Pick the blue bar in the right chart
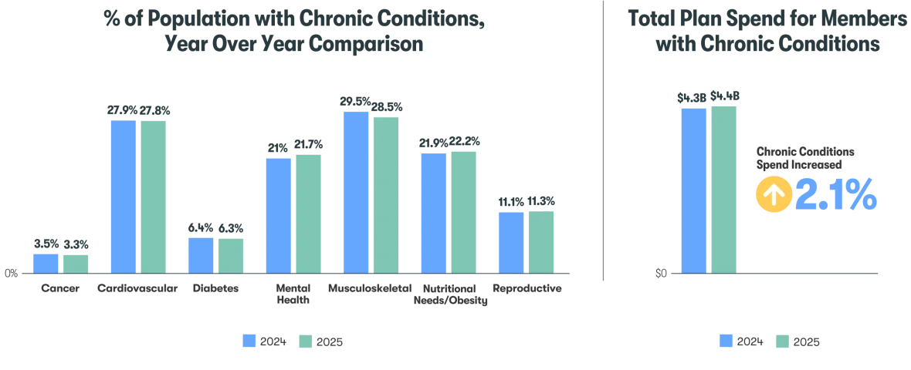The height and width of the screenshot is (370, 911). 694,190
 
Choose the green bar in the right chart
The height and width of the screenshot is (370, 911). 725,189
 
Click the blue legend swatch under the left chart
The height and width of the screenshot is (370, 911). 250,342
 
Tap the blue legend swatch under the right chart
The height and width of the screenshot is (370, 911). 726,342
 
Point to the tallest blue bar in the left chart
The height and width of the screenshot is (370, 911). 355,192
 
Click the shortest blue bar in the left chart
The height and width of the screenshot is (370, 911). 46,263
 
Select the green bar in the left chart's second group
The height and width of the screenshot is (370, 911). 152,196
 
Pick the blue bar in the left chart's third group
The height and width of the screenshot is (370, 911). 200,254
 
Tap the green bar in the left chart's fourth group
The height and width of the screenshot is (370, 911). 307,214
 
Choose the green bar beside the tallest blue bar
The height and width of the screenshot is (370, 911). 385,194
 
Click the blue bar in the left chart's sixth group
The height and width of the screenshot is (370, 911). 435,212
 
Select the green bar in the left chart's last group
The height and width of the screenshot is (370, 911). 540,241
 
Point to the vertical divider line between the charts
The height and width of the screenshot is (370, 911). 602,139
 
